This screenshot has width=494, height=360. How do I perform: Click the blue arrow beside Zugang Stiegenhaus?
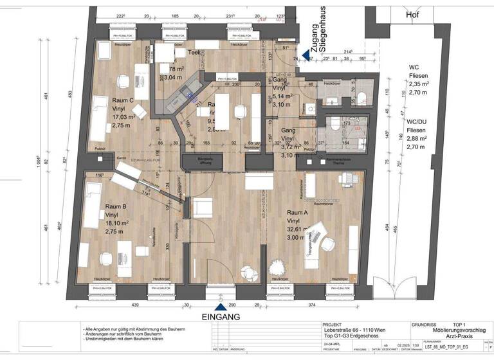(306, 56)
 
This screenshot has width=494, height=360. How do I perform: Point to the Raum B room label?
(118, 206)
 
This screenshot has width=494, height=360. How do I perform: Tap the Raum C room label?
(122, 100)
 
